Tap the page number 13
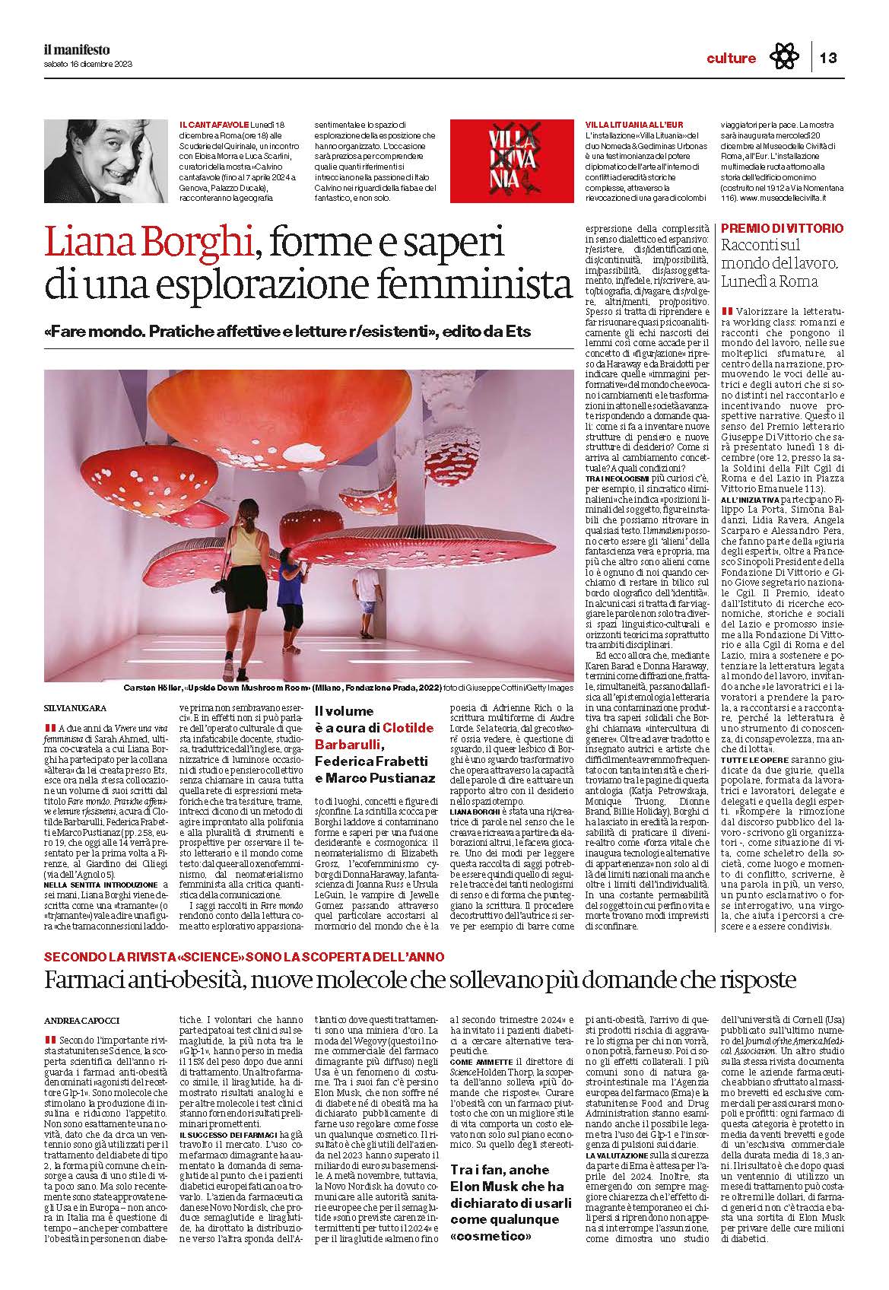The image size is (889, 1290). coord(827,58)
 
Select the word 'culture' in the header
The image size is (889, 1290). coord(731,59)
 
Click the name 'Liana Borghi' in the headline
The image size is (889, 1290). coord(148,243)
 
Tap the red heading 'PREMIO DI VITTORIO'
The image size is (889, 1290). coord(782,228)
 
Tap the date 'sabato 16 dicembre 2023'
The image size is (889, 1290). coord(87,64)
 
